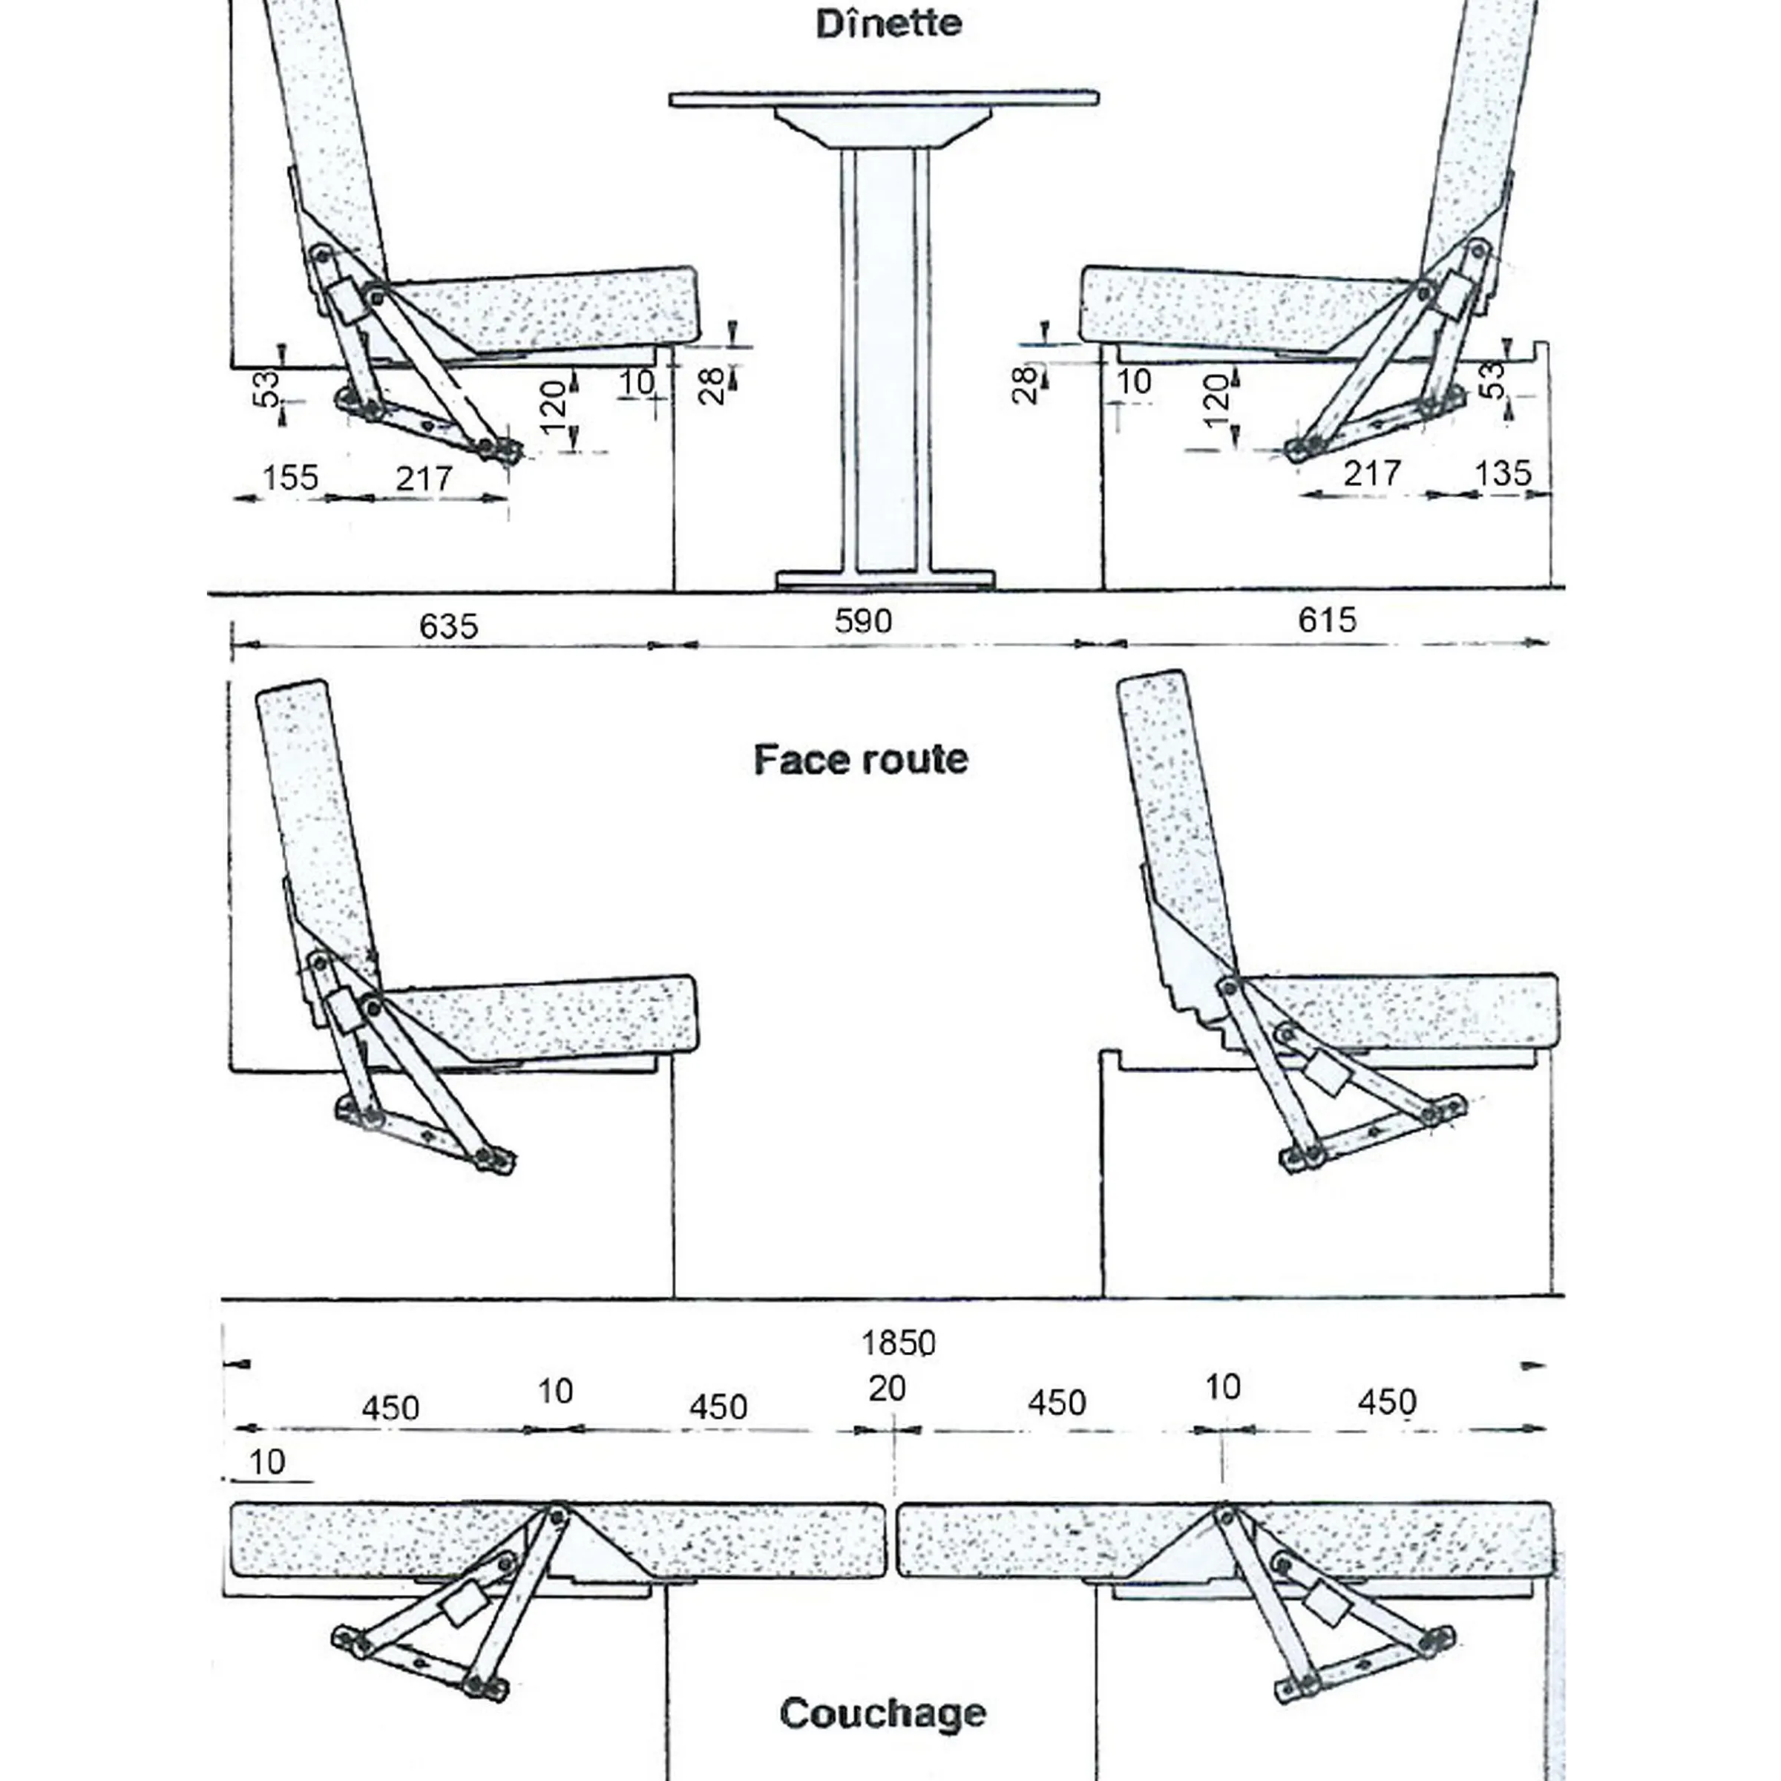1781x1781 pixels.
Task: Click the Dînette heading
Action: point(889,24)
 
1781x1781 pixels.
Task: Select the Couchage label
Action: point(883,1713)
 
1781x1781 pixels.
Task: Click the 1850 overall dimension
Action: point(898,1342)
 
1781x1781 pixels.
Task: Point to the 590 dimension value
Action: point(863,620)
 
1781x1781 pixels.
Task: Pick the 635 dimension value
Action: point(449,626)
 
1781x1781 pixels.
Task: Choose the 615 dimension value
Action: point(1328,620)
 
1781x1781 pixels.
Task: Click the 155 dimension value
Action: point(290,477)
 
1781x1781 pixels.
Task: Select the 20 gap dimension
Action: point(887,1388)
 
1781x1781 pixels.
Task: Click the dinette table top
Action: point(884,98)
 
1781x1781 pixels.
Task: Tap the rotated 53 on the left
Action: point(266,387)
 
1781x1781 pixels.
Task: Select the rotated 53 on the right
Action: point(1492,380)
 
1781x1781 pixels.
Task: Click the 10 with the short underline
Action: point(267,1462)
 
